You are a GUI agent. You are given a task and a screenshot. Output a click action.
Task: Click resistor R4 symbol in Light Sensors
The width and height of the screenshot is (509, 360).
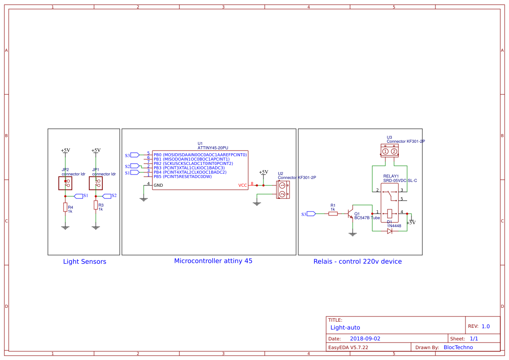65,207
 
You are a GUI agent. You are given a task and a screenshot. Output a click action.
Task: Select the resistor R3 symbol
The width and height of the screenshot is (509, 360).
95,205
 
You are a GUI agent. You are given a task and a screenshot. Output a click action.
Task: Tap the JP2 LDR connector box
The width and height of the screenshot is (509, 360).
65,183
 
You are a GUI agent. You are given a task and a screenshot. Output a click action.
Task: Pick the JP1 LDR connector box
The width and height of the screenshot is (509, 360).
95,183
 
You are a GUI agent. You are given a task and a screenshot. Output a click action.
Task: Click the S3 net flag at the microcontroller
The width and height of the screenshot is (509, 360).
135,155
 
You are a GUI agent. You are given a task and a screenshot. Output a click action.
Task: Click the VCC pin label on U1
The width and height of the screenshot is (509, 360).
243,185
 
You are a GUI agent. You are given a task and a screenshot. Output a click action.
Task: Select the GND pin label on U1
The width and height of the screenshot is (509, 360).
158,185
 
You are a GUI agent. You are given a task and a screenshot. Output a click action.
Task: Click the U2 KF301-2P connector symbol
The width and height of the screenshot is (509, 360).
282,190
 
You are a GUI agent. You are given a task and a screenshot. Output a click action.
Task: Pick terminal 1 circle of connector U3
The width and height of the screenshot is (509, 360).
385,151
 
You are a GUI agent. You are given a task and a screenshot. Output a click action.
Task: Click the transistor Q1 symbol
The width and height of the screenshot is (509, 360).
350,214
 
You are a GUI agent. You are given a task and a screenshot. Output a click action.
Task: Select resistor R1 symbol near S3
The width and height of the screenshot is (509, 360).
333,213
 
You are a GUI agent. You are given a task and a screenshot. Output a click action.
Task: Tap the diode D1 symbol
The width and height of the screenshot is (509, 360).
389,231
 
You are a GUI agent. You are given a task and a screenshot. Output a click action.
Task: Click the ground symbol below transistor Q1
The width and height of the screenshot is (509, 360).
353,234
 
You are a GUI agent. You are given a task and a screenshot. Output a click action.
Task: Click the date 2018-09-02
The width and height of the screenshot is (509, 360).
365,339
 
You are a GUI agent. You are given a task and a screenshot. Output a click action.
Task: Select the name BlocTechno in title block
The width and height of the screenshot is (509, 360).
458,347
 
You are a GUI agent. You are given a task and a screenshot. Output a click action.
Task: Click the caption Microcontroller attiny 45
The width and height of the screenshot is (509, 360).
213,261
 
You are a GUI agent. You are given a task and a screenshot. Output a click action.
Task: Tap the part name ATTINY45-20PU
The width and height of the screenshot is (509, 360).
212,148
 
